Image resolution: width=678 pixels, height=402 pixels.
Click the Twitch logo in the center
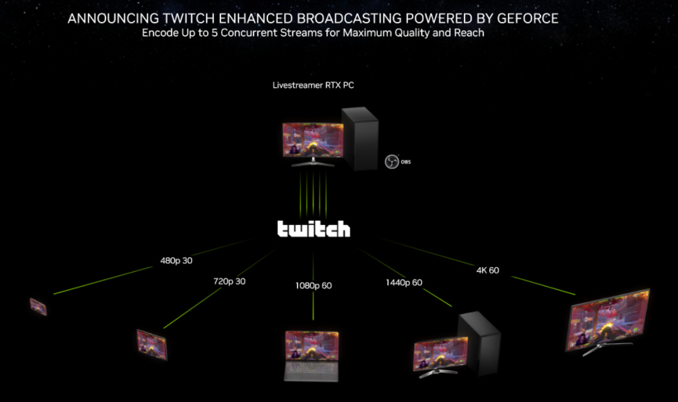313,229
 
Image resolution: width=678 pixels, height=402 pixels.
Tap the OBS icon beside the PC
392,161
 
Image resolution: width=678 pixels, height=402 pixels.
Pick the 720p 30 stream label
229,281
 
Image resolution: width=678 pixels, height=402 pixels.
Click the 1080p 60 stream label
313,286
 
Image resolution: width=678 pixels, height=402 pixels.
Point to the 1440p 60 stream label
404,283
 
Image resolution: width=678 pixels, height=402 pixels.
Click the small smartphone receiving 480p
38,307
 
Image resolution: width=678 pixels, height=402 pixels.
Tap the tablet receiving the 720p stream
152,344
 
